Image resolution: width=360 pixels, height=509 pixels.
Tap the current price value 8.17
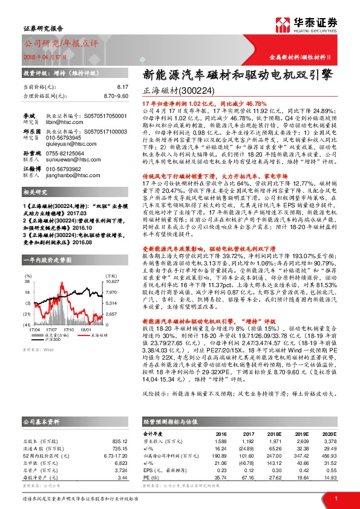click(x=123, y=88)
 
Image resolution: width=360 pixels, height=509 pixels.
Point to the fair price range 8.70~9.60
click(x=116, y=96)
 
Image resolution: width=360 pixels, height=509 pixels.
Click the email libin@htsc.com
click(x=64, y=121)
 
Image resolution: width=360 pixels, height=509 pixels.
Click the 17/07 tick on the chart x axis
click(x=51, y=329)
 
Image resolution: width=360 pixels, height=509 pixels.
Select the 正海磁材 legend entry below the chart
click(x=94, y=334)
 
